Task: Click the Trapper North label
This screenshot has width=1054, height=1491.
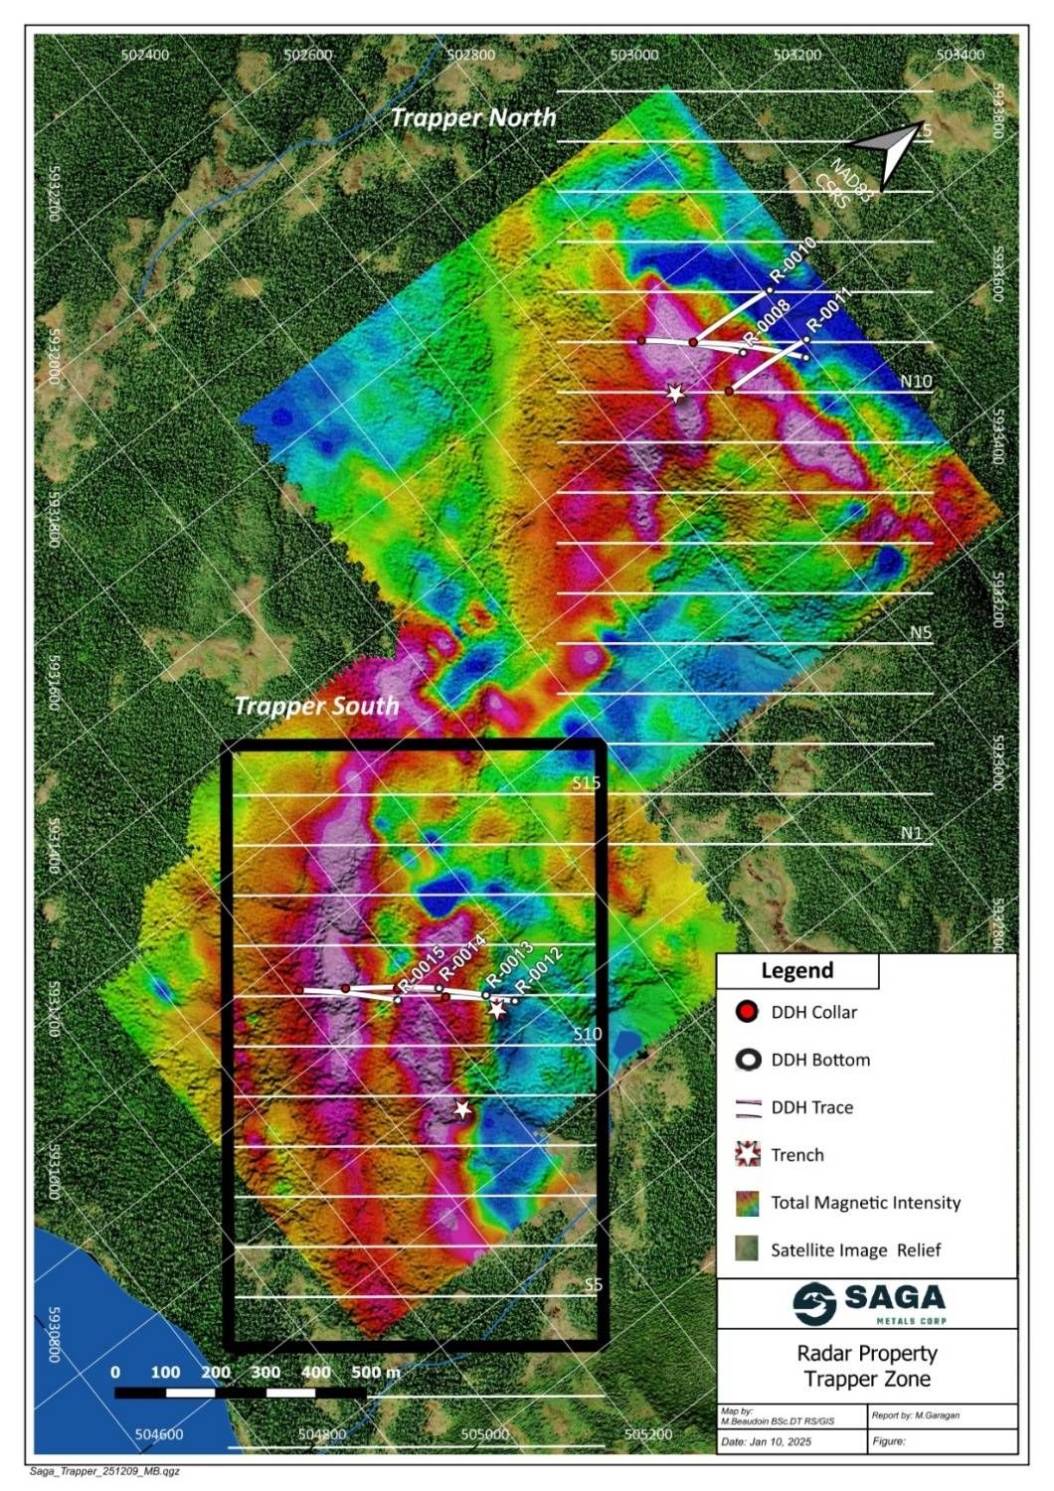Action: click(473, 117)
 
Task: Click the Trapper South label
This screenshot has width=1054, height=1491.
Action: click(316, 706)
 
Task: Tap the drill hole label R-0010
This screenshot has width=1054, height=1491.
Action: click(792, 260)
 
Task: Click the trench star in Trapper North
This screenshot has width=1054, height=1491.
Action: click(676, 394)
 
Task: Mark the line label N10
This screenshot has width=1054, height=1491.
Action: click(916, 381)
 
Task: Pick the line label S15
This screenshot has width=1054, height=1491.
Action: click(587, 782)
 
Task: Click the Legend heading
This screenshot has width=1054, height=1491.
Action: click(797, 971)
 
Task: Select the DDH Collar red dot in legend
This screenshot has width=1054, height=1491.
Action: click(748, 1012)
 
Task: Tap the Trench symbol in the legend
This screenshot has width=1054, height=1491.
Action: click(748, 1154)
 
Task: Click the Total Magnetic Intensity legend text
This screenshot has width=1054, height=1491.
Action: click(865, 1203)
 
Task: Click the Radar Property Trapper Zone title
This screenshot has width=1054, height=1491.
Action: click(867, 1366)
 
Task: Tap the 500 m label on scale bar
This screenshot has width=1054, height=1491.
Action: click(376, 1372)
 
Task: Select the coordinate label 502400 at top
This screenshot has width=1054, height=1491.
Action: click(144, 55)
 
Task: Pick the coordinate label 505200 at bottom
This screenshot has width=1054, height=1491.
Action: click(648, 1434)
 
